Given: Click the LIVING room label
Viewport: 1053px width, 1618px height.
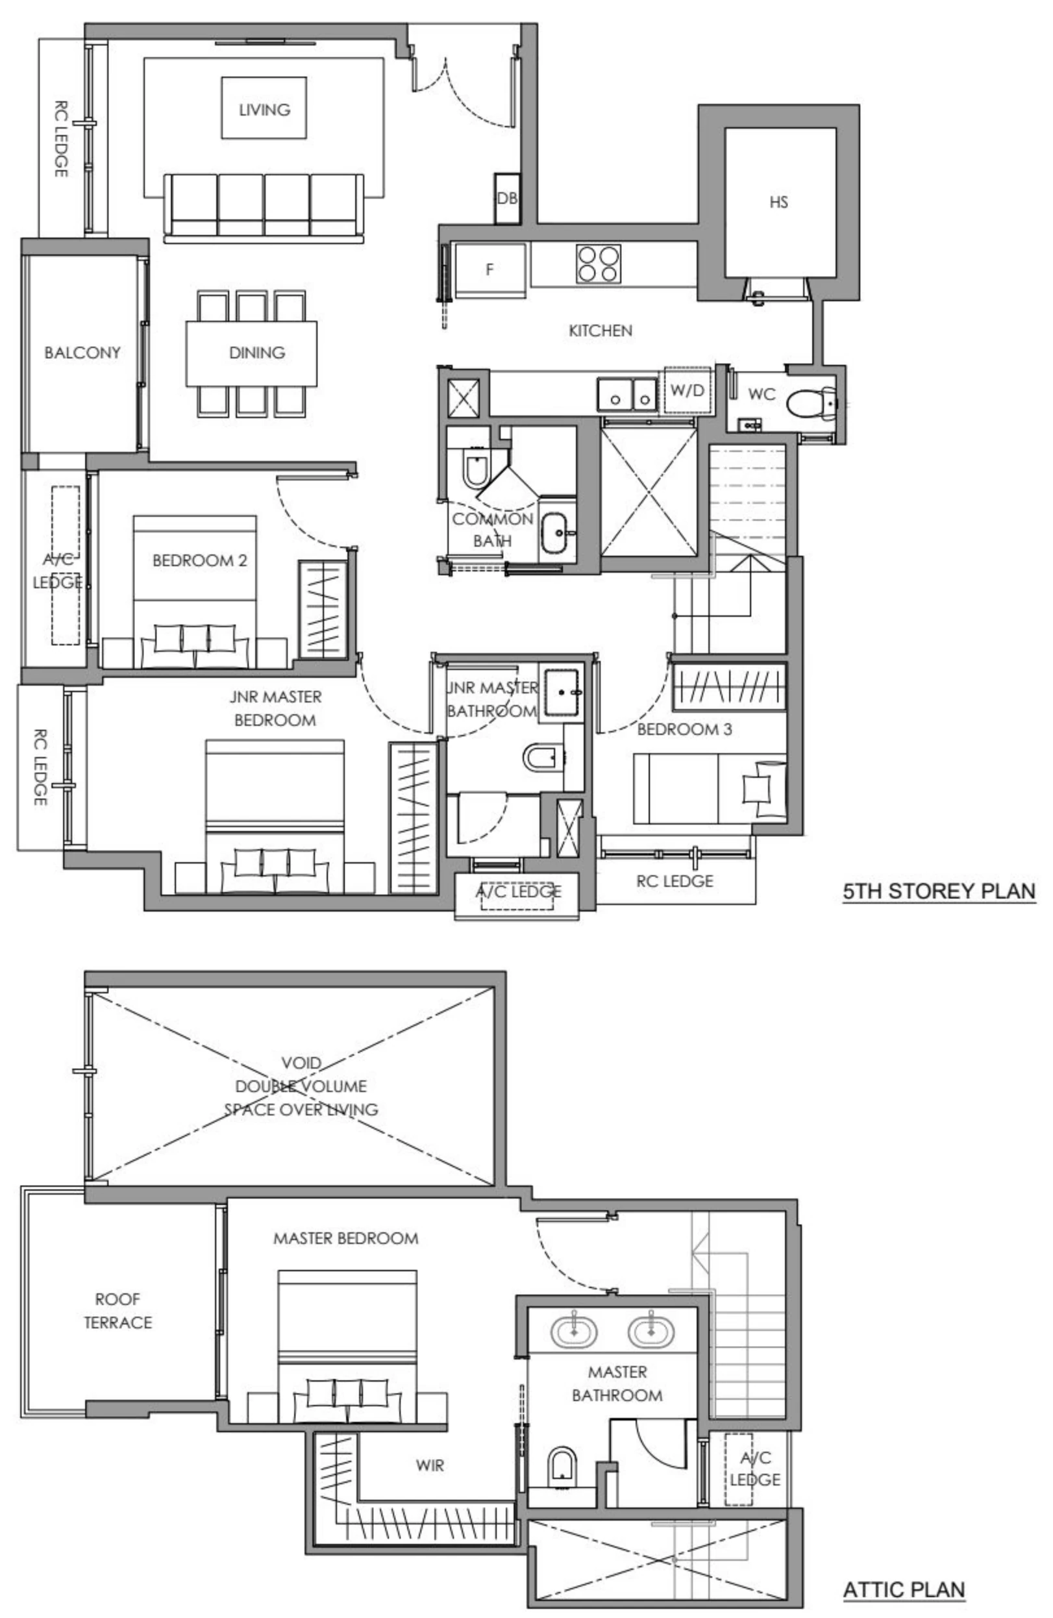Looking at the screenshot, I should pos(264,110).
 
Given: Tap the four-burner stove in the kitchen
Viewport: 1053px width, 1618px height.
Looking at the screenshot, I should pos(598,264).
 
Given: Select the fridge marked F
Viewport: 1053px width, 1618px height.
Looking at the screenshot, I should pos(489,270).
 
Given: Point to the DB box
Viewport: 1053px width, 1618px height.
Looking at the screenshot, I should pos(506,198).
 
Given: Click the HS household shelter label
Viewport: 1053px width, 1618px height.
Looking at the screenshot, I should pos(779,202).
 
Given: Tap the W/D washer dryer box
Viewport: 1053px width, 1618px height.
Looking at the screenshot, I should pos(688,390).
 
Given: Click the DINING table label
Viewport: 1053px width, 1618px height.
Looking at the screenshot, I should pos(256,352).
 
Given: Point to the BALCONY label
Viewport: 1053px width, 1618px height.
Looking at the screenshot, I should pos(82,352).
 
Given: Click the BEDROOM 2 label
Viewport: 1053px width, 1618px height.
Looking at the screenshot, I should pos(199,560).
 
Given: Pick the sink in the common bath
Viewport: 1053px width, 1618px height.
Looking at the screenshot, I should pos(556,532).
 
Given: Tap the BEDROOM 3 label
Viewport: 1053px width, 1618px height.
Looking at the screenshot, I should pos(684,729).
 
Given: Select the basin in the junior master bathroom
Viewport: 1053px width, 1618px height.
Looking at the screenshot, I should pos(563,692).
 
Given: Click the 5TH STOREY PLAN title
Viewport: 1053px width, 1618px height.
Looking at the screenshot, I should pos(939,891).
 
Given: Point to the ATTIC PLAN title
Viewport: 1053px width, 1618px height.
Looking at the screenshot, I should pos(904,1589).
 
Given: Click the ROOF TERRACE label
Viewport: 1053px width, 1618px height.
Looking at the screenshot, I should pos(118,1311).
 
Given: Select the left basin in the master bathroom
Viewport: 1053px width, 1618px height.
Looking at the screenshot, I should pos(574,1331).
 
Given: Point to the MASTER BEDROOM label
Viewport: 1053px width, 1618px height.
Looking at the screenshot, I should pos(345,1238).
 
